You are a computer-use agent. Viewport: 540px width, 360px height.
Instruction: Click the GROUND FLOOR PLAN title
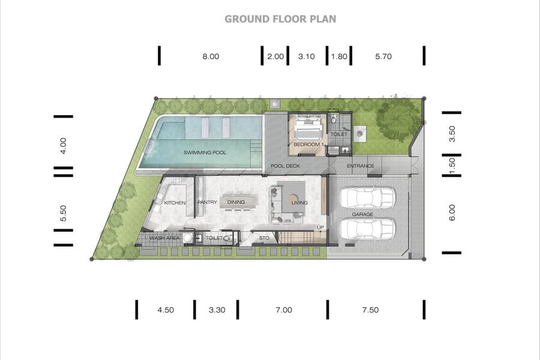coord(280,19)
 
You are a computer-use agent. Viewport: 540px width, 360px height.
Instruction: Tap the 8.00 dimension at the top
coord(211,56)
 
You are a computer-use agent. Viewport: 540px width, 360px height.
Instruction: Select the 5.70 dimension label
coord(383,56)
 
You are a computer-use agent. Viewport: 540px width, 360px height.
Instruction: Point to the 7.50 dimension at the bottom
coord(370,310)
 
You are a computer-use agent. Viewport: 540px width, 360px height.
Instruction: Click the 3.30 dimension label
coord(217,310)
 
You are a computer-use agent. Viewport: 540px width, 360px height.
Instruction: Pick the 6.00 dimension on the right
coord(452,212)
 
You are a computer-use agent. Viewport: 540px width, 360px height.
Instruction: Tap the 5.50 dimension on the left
coord(63,213)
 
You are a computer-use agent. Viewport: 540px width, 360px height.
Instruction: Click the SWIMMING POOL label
coord(205,152)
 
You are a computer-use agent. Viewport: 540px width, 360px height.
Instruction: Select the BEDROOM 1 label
coord(309,145)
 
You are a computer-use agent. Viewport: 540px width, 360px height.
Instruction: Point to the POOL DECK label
coord(285,166)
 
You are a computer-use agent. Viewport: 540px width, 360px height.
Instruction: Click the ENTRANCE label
coord(361,166)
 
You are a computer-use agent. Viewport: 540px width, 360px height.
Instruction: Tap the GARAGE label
coord(362,214)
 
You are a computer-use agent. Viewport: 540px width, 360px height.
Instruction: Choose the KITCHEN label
coord(175,203)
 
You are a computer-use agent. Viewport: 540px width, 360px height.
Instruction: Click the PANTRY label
coord(208,202)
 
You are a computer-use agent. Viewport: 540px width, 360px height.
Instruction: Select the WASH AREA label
coord(164,238)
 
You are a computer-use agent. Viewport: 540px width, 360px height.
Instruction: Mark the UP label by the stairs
coord(320,227)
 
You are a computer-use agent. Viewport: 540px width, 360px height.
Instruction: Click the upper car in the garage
coord(367,198)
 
